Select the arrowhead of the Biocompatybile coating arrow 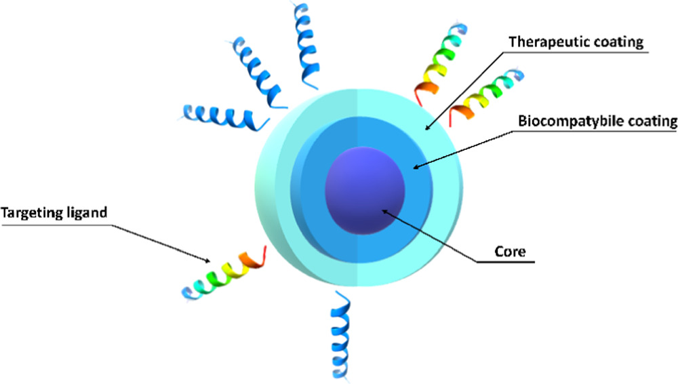tap(415, 166)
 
